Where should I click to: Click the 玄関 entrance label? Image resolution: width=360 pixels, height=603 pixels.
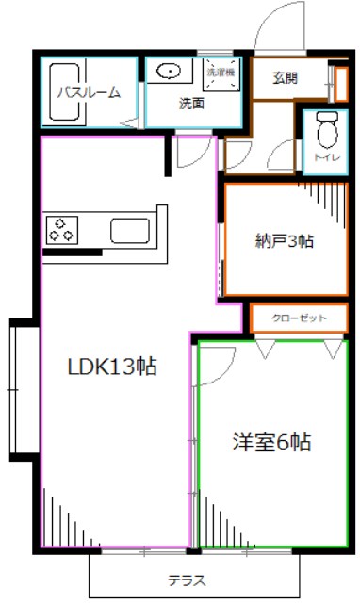(x=286, y=77)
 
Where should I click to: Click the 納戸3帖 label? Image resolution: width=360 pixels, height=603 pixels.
(x=283, y=240)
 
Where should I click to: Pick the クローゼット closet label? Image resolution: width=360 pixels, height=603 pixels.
(x=300, y=318)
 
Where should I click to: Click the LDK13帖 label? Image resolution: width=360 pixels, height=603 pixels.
(x=110, y=367)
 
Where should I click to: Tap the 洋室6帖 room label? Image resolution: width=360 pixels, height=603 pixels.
(x=272, y=442)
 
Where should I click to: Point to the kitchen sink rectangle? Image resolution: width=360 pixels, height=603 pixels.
(x=127, y=230)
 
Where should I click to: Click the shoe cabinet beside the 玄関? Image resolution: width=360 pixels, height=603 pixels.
(x=332, y=81)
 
